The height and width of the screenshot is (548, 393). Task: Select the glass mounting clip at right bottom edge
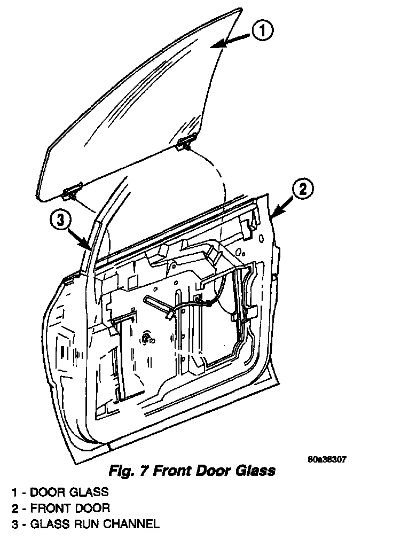[x=185, y=142]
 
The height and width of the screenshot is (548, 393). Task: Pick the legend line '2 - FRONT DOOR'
[x=61, y=507]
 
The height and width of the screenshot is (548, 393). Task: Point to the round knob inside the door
[x=145, y=338]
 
